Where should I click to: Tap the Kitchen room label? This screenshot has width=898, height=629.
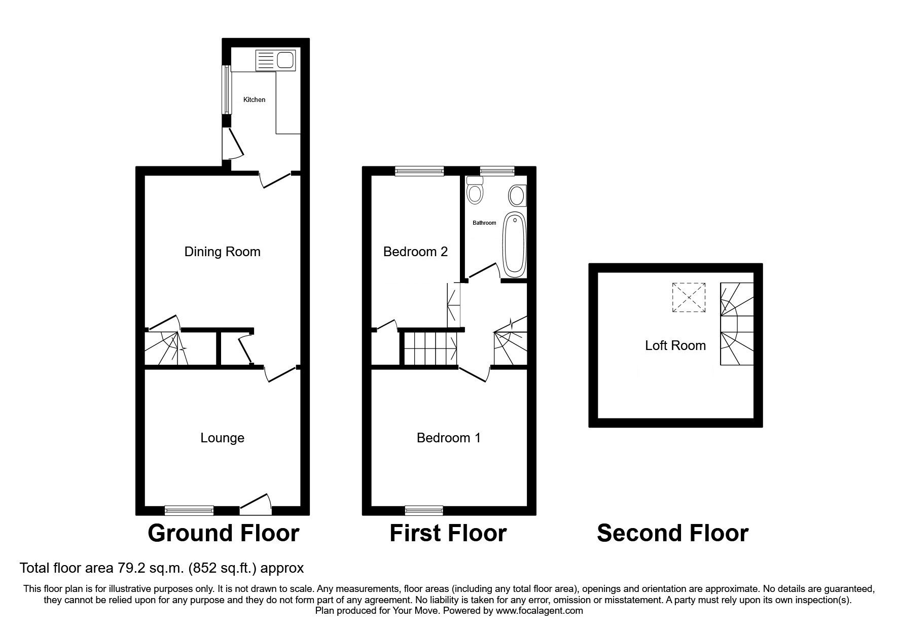[254, 100]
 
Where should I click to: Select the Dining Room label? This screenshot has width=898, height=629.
[222, 252]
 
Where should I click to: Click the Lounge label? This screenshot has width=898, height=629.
[222, 438]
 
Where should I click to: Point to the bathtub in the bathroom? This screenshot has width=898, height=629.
[514, 245]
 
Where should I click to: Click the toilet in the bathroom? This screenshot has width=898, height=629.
[475, 191]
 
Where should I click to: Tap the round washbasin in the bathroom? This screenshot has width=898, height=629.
[517, 196]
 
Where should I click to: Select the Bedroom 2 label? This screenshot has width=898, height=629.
[415, 252]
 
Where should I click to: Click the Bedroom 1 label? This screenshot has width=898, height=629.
[448, 438]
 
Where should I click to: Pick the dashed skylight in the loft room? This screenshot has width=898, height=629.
[689, 298]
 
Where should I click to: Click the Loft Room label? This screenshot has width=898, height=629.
[675, 346]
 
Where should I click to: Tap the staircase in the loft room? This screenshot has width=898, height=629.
[736, 324]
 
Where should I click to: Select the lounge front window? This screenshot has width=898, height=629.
[189, 510]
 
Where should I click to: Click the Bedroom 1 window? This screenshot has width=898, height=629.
[424, 510]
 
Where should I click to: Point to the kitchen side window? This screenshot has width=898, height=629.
[226, 90]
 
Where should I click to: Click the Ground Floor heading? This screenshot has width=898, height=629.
[223, 533]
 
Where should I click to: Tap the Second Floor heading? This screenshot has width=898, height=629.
[672, 533]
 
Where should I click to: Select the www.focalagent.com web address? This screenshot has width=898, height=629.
[539, 611]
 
